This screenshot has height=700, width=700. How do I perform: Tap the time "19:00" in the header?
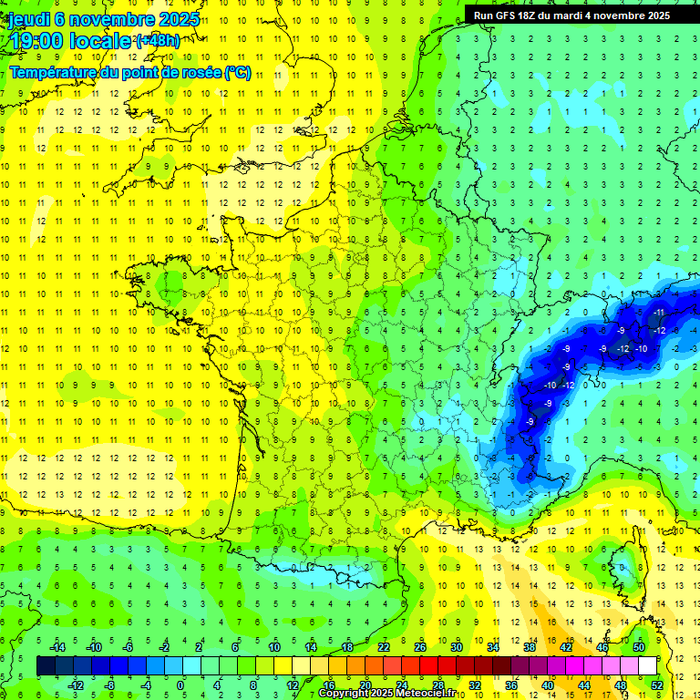[37, 41]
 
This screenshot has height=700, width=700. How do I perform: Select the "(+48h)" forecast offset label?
[158, 40]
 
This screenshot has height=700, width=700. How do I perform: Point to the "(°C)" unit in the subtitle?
[239, 73]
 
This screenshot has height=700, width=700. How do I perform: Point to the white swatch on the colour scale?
[647, 666]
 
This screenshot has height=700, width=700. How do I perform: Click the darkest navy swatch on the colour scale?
[46, 666]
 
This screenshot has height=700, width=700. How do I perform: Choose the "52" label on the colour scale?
[657, 685]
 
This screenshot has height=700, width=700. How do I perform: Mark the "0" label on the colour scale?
[180, 685]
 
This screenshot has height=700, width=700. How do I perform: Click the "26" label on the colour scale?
[420, 647]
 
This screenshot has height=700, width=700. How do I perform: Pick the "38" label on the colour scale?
[530, 647]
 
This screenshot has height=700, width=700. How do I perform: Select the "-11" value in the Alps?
[658, 313]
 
